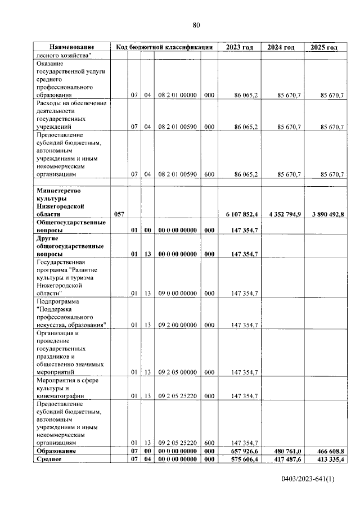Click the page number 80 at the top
pyautogui.click(x=196, y=25)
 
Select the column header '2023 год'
pyautogui.click(x=240, y=48)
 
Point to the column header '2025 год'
pyautogui.click(x=324, y=48)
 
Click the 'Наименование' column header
pyautogui.click(x=71, y=48)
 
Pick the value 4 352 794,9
pyautogui.click(x=282, y=214)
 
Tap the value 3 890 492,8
pyautogui.click(x=324, y=214)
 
